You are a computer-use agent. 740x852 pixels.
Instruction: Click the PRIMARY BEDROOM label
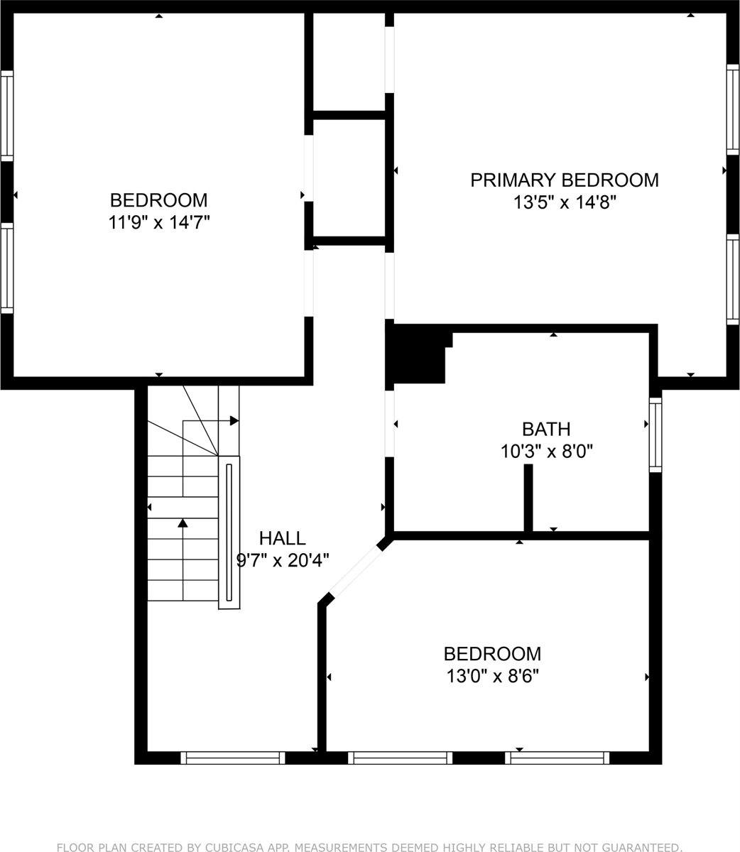click(x=565, y=180)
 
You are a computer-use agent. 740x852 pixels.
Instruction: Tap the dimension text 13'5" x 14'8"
click(x=565, y=202)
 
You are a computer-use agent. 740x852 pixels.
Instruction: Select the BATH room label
click(x=546, y=429)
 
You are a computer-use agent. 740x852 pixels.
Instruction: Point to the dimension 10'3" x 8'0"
click(x=546, y=451)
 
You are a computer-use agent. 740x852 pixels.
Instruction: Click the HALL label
click(x=282, y=538)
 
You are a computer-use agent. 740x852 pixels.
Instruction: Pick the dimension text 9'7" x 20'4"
click(x=282, y=560)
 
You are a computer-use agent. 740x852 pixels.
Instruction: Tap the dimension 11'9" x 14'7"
click(x=158, y=222)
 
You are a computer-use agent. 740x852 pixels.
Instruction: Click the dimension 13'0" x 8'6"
click(x=492, y=675)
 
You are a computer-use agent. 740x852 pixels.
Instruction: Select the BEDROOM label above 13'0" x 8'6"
click(x=492, y=653)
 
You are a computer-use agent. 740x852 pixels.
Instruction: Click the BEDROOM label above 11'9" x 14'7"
click(x=158, y=200)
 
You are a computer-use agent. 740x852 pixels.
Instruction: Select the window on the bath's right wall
click(x=655, y=434)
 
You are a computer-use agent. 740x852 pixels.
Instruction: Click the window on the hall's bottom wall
click(x=232, y=758)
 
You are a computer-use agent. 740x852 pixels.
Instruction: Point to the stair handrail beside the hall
click(x=229, y=532)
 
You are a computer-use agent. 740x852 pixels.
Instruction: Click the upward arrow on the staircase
click(x=183, y=524)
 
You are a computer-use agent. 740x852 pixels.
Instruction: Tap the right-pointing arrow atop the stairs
click(x=234, y=421)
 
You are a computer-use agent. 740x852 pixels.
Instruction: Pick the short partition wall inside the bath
click(x=528, y=497)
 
